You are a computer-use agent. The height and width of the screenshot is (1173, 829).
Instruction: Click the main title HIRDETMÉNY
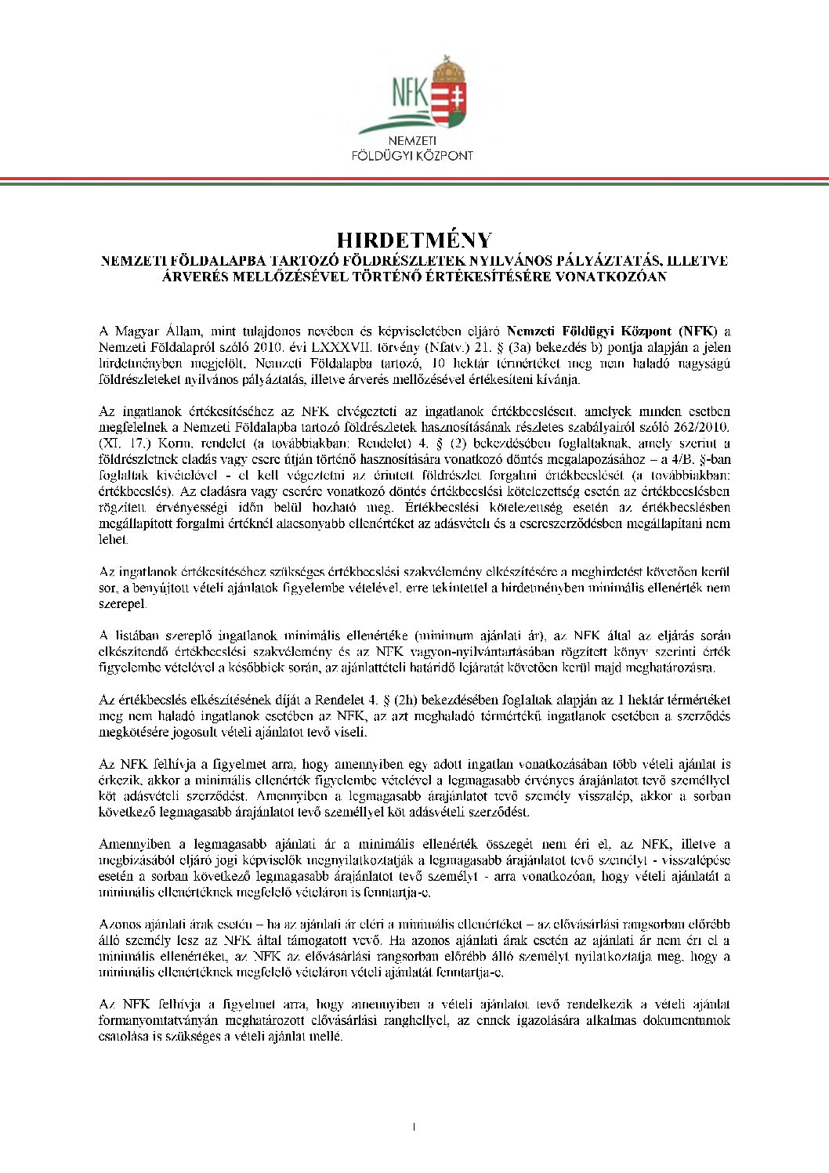tap(414, 241)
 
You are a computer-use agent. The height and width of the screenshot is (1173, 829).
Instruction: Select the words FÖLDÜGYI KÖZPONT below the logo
tap(413, 155)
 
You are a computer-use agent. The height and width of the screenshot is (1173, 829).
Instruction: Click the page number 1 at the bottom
tap(413, 1128)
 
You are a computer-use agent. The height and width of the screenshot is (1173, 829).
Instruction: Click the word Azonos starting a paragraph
tap(118, 925)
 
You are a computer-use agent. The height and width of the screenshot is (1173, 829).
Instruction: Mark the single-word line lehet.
tap(112, 540)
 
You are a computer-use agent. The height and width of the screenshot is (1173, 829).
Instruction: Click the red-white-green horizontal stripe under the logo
tap(414, 181)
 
